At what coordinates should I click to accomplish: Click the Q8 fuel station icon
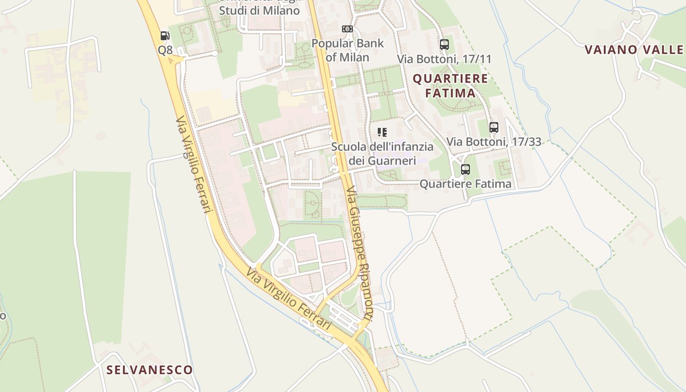[x=165, y=35]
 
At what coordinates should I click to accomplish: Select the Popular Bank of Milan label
[x=347, y=50]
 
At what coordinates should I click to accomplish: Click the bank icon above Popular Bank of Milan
[x=347, y=29]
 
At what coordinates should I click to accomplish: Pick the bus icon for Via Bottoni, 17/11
[x=444, y=44]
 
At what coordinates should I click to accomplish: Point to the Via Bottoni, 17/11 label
[x=444, y=59]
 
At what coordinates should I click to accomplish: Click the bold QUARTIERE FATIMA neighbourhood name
[x=450, y=85]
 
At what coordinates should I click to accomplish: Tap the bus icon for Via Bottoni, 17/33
[x=493, y=127]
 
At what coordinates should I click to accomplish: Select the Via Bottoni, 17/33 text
[x=493, y=142]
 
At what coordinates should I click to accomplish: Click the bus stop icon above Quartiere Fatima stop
[x=465, y=170]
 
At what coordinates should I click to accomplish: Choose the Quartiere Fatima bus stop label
[x=465, y=184]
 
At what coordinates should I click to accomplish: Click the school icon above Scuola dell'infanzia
[x=382, y=132]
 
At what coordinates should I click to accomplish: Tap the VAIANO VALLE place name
[x=634, y=49]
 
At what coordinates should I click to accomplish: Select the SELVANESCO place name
[x=150, y=370]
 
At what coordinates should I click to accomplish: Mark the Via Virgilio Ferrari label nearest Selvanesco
[x=289, y=298]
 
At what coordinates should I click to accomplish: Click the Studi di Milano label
[x=259, y=10]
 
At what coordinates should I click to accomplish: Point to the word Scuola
[x=348, y=147]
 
